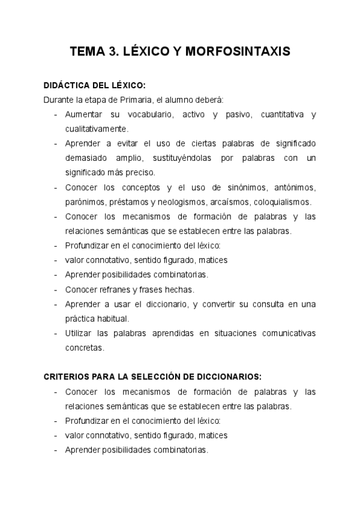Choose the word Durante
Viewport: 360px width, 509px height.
pyautogui.click(x=58, y=100)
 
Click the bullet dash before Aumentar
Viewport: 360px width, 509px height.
pyautogui.click(x=56, y=114)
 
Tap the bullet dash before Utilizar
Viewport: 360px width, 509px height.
pyautogui.click(x=56, y=333)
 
